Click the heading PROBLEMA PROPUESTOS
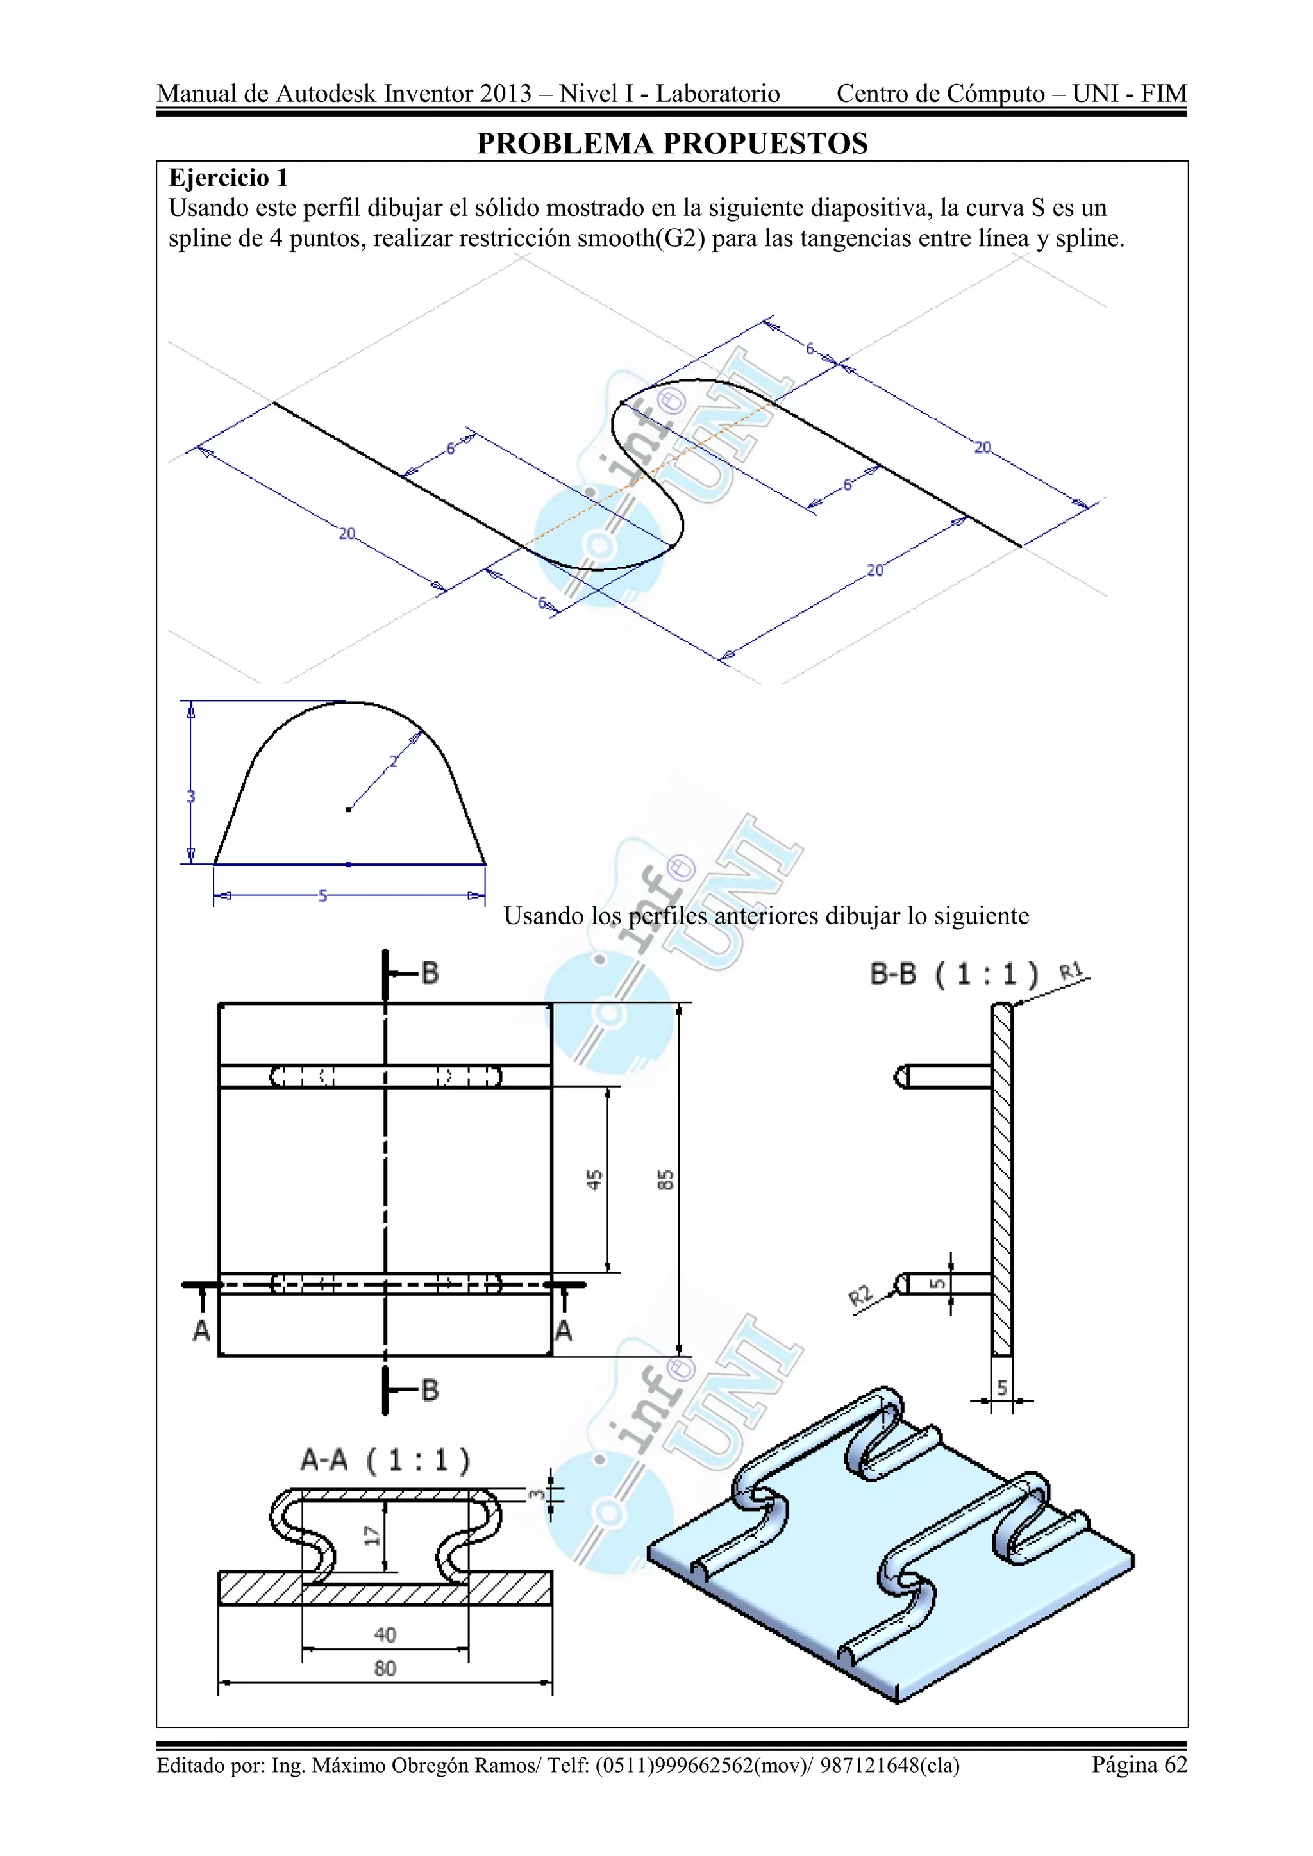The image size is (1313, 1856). (672, 144)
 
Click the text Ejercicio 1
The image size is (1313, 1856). (228, 178)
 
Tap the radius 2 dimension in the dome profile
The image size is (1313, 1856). (394, 761)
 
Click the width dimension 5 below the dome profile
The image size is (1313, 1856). (323, 896)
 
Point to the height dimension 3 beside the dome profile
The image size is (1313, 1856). (191, 796)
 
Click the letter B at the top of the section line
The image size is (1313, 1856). (430, 974)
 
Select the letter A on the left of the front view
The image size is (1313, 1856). (201, 1330)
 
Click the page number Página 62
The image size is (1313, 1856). (1139, 1764)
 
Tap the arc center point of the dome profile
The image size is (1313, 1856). (349, 808)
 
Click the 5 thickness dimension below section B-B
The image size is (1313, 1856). (1001, 1388)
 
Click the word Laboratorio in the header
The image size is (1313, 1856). (717, 94)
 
